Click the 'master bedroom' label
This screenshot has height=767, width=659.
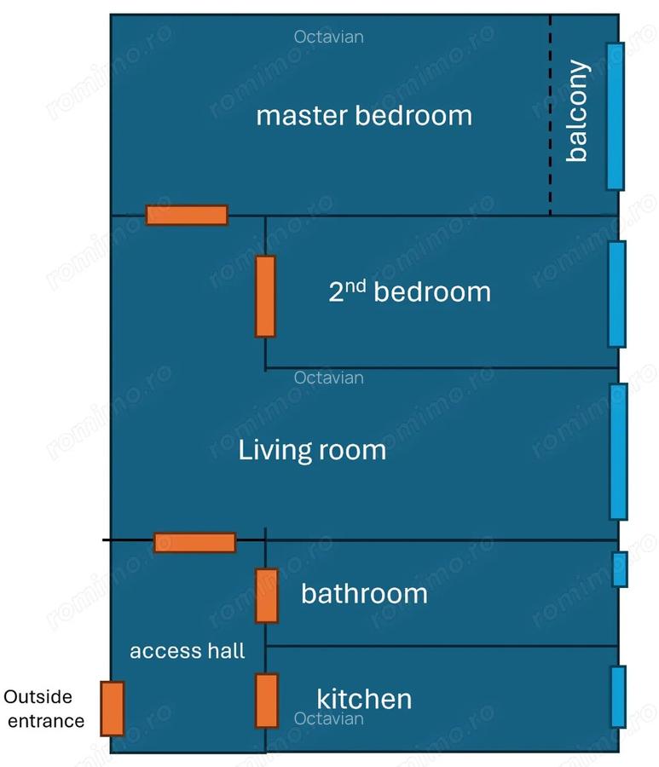364,116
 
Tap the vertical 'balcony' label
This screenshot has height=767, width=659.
577,111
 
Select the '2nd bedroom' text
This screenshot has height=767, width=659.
409,291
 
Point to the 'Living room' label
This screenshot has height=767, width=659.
312,450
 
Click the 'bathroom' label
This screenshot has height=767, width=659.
365,593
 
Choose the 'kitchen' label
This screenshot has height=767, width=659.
364,699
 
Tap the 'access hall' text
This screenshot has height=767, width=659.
188,651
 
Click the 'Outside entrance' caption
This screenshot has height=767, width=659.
43,709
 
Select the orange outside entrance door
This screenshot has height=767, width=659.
113,708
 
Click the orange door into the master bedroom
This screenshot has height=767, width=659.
187,216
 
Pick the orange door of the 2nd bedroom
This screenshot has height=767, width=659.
265,297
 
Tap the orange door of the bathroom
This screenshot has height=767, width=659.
267,596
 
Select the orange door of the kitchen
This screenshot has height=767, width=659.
267,701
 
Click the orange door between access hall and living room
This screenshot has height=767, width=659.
195,543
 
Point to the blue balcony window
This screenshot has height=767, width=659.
616,117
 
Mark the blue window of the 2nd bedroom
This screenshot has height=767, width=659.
617,294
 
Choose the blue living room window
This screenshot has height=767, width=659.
618,452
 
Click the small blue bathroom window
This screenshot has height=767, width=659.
620,569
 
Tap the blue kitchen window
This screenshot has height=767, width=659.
619,697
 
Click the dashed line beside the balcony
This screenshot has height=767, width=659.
551,115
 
